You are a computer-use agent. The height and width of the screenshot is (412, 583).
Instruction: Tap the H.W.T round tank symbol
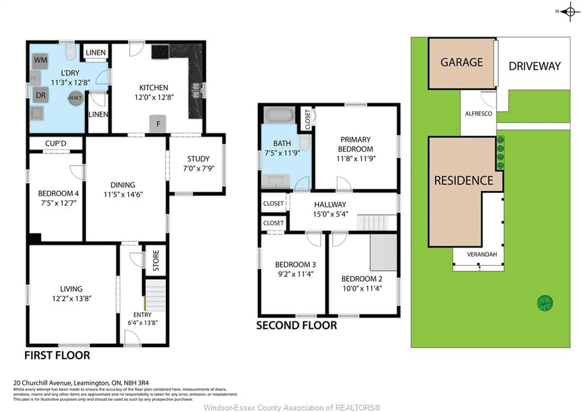[76, 98]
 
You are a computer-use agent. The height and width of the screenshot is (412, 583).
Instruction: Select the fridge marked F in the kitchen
[158, 124]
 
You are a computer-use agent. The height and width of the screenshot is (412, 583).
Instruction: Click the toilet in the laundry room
[71, 52]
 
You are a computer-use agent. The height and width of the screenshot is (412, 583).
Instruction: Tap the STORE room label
[156, 260]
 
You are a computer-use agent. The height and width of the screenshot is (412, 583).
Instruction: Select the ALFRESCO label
[478, 114]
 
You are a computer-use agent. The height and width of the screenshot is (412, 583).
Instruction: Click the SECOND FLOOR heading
[296, 326]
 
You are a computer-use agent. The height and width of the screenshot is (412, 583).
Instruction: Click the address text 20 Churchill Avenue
[81, 383]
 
